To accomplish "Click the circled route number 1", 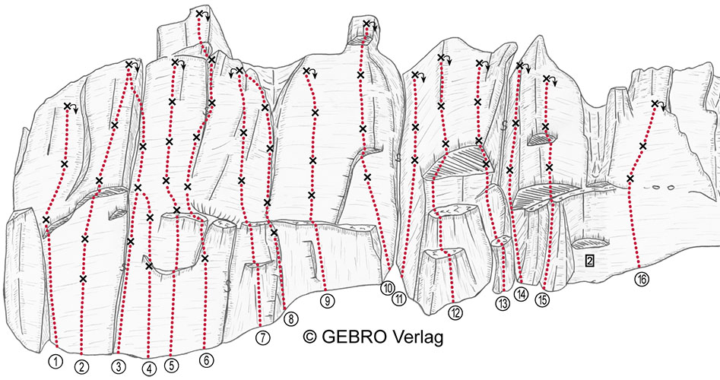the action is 55,362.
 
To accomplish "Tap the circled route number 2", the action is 82,366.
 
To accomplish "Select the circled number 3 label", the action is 119,366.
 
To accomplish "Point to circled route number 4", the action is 149,369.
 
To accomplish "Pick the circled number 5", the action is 172,366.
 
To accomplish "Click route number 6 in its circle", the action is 207,361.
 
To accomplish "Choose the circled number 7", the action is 262,338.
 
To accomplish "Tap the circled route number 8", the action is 291,318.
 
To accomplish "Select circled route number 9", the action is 328,301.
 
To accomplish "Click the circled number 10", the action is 388,288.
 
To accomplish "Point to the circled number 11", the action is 399,299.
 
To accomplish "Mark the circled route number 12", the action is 455,313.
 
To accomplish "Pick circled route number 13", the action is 503,303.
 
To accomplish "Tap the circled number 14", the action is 522,294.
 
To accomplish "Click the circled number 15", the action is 542,299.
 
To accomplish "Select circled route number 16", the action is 642,279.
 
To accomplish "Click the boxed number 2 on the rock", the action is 590,261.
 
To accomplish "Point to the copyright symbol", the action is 310,337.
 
